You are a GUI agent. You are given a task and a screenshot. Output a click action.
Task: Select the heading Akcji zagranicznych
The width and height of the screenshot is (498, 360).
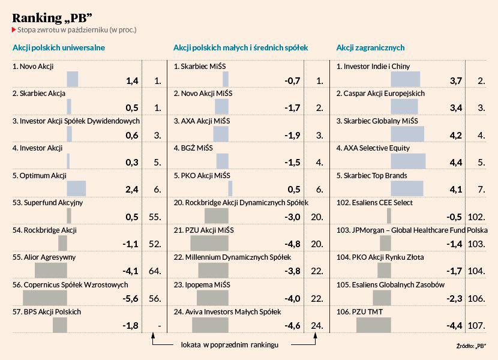[370, 47]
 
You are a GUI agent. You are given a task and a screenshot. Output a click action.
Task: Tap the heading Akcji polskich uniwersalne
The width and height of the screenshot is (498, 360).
[59, 47]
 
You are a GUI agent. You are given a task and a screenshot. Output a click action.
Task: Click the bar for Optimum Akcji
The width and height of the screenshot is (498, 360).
[76, 188]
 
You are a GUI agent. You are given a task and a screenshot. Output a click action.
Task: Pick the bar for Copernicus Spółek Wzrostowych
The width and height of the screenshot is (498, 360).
[45, 297]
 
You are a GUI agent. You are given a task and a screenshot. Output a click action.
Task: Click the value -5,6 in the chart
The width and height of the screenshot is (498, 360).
[130, 299]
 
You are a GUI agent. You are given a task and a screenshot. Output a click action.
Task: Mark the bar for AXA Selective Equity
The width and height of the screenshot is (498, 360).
[408, 161]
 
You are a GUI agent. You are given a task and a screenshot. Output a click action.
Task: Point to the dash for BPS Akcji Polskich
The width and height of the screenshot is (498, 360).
[159, 326]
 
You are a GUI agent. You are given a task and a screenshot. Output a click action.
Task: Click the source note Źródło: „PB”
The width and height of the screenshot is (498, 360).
[471, 346]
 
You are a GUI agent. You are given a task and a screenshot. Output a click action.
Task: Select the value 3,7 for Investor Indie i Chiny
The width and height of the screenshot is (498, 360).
[454, 80]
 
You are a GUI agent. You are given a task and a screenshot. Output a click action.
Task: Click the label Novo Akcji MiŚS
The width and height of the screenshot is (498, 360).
[203, 94]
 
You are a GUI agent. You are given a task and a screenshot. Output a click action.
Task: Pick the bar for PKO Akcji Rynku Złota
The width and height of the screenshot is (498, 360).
[384, 270]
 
